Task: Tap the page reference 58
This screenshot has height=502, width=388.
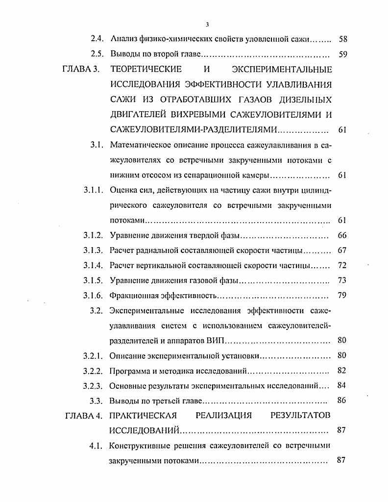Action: (x=342, y=39)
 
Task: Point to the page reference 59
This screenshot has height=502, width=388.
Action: (x=342, y=54)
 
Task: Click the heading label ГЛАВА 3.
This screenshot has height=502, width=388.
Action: (x=81, y=69)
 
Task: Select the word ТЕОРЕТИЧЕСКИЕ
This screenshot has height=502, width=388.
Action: (x=146, y=69)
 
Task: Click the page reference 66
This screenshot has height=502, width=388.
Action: (x=342, y=236)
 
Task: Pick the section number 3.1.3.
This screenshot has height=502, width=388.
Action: (x=93, y=251)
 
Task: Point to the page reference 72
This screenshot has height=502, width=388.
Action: (x=342, y=266)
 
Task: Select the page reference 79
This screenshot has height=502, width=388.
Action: (x=342, y=296)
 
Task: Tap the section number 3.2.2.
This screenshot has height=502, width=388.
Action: (x=93, y=371)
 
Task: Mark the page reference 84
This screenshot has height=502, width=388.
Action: (x=342, y=385)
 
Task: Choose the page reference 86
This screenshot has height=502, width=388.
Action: (x=342, y=401)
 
